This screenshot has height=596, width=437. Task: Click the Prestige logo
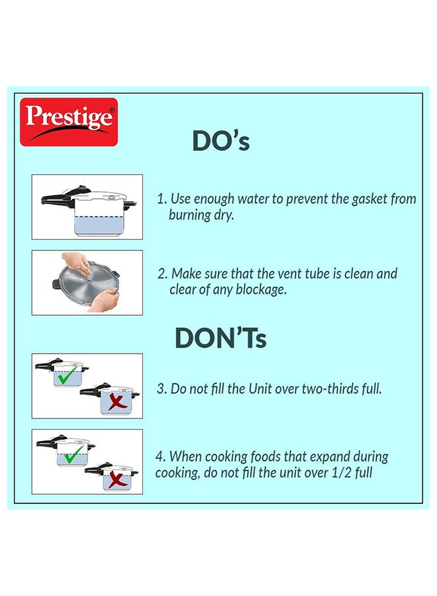click(x=69, y=122)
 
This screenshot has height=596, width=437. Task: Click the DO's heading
click(x=220, y=141)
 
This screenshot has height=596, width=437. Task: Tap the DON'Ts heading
click(x=220, y=338)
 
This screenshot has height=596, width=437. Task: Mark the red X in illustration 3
click(x=117, y=403)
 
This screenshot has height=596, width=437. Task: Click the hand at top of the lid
click(x=77, y=262)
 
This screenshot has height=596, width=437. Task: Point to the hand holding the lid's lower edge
click(x=105, y=299)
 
